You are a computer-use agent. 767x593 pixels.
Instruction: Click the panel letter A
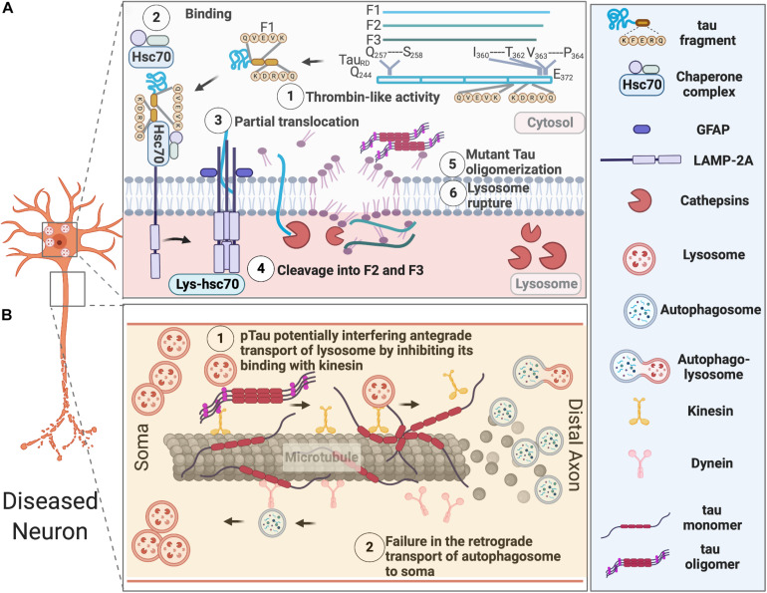click(9, 9)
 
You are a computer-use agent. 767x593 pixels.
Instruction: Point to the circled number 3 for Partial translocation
click(217, 120)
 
